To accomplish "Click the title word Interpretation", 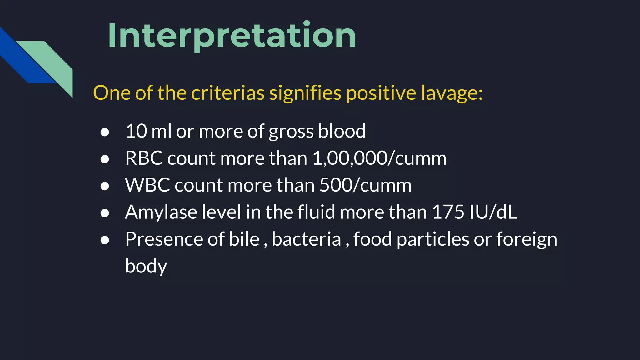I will coord(232,36).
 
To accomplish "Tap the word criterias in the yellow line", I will coord(227,93).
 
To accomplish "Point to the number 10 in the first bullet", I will coord(136,131).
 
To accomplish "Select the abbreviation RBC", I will coord(143,158).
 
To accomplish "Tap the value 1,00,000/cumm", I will coord(379,158).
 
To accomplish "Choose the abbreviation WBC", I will coord(147,185).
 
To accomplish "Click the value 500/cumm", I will coord(365,185).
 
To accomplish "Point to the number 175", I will coord(448,212).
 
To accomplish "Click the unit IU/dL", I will coord(493,212).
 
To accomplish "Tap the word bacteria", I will coord(306,239).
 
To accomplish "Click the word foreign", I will coord(527,239).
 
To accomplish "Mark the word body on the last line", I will coord(146,267).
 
